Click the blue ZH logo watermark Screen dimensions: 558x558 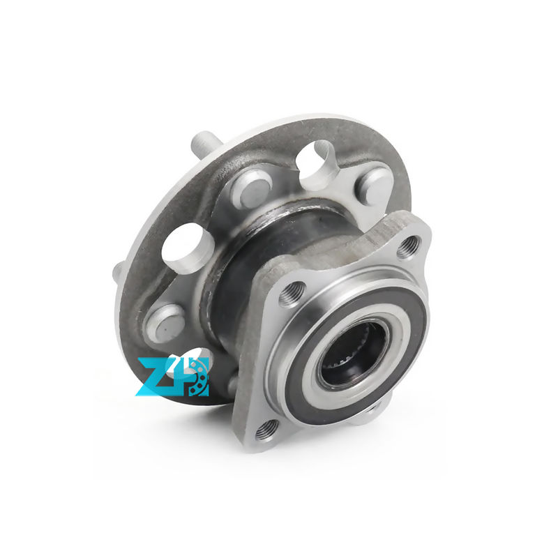(172, 377)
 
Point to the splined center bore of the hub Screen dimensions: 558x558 (352, 352)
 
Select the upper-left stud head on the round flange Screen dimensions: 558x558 (252, 189)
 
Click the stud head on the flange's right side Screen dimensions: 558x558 (374, 185)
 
